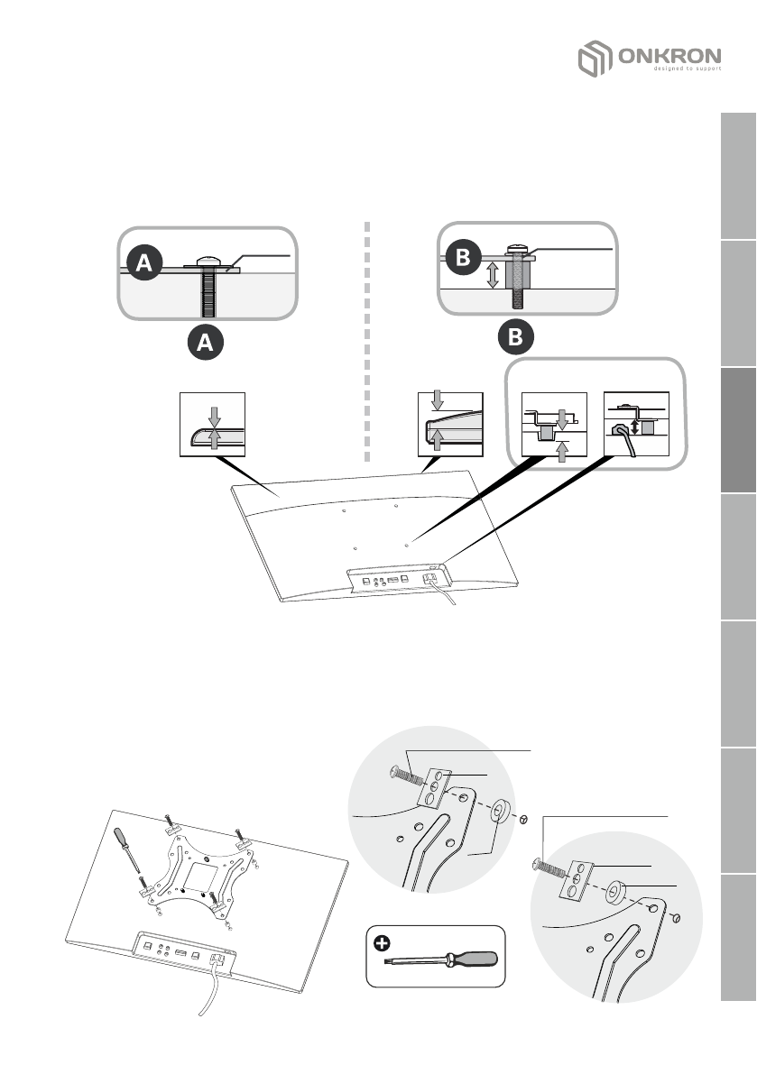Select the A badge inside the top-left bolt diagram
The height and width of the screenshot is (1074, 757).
click(x=144, y=263)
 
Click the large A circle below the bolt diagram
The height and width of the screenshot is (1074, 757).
click(x=206, y=343)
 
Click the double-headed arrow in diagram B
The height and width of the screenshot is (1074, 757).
click(x=492, y=274)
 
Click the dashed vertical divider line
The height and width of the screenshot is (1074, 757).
click(x=368, y=343)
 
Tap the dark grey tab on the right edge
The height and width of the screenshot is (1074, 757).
click(x=739, y=432)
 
